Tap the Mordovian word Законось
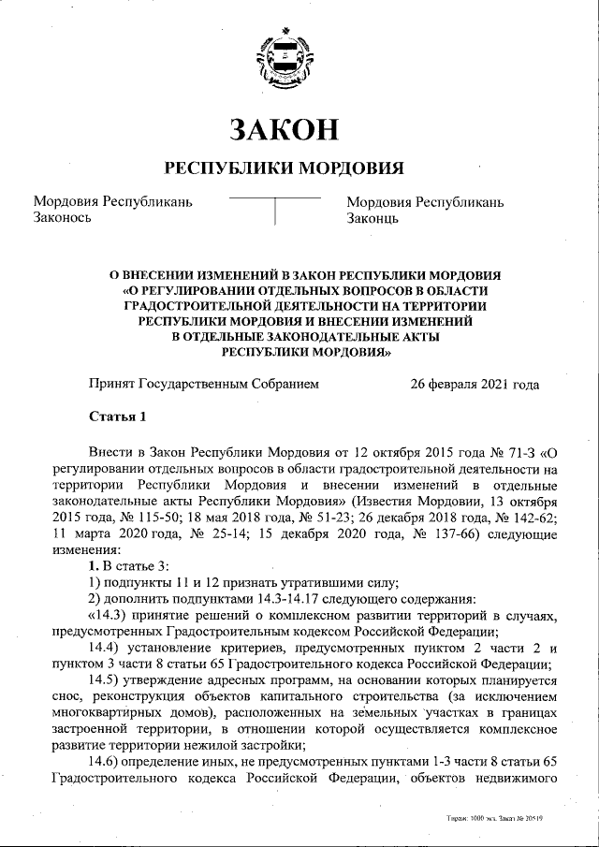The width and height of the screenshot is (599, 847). coord(62,218)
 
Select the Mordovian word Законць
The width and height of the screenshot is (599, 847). coord(373,218)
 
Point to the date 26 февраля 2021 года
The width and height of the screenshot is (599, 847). coord(475,384)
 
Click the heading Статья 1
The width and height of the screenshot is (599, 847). coord(117,416)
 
